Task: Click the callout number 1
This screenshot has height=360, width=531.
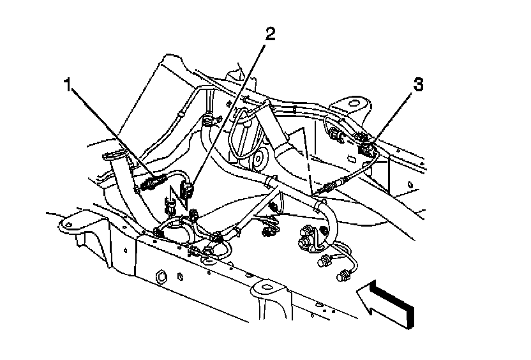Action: click(67, 86)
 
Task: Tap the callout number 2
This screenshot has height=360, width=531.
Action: click(271, 33)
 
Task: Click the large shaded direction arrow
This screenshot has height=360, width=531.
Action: click(387, 303)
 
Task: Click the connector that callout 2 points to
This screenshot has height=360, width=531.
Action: click(187, 188)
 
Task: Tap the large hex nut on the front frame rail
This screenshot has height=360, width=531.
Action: click(160, 276)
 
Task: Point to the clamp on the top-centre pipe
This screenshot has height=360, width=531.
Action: click(207, 117)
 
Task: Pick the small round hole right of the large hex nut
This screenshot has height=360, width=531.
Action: click(181, 277)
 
